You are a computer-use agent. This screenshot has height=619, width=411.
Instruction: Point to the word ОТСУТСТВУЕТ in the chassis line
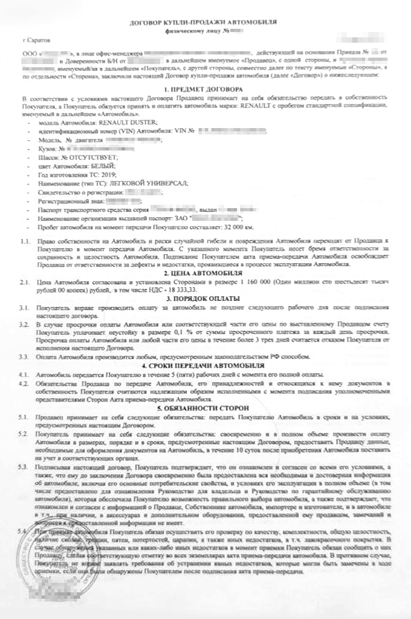tap(94, 158)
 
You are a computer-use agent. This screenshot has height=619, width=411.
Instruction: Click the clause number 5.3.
tap(23, 467)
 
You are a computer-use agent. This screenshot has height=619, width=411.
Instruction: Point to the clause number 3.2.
tap(23, 324)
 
